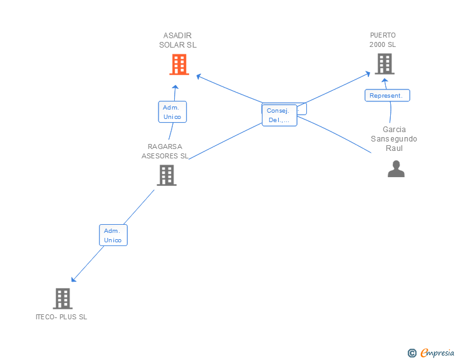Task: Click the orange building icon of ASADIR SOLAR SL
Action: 179,64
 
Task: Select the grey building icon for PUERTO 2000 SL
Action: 385,63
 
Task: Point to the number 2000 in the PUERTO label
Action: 377,45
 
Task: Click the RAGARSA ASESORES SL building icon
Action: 166,175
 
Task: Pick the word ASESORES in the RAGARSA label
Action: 165,156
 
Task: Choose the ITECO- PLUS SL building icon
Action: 62,299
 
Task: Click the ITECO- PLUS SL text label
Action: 61,317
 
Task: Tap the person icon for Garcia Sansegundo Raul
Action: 396,169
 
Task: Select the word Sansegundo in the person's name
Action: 394,139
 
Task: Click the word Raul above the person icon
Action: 394,148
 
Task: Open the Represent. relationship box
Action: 387,96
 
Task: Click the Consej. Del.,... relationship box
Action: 279,115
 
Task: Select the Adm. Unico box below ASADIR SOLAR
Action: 172,111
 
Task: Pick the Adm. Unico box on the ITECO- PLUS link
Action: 113,235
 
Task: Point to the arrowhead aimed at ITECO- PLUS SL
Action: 74,279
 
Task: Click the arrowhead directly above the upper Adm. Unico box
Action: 175,88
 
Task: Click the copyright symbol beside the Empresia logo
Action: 412,353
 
